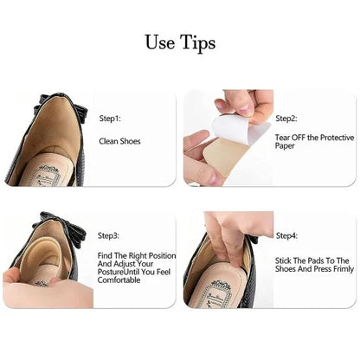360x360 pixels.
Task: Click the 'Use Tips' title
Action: tap(180, 42)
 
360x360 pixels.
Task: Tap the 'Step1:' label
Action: tap(111, 118)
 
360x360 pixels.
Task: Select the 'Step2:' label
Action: tap(286, 118)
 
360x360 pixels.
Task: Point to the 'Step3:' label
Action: tap(111, 235)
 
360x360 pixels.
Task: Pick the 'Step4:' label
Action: tap(286, 235)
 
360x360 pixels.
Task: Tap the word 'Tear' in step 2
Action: tap(283, 138)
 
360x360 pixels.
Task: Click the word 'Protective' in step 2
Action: tap(330, 138)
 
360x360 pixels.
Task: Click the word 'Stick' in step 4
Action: tap(283, 260)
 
